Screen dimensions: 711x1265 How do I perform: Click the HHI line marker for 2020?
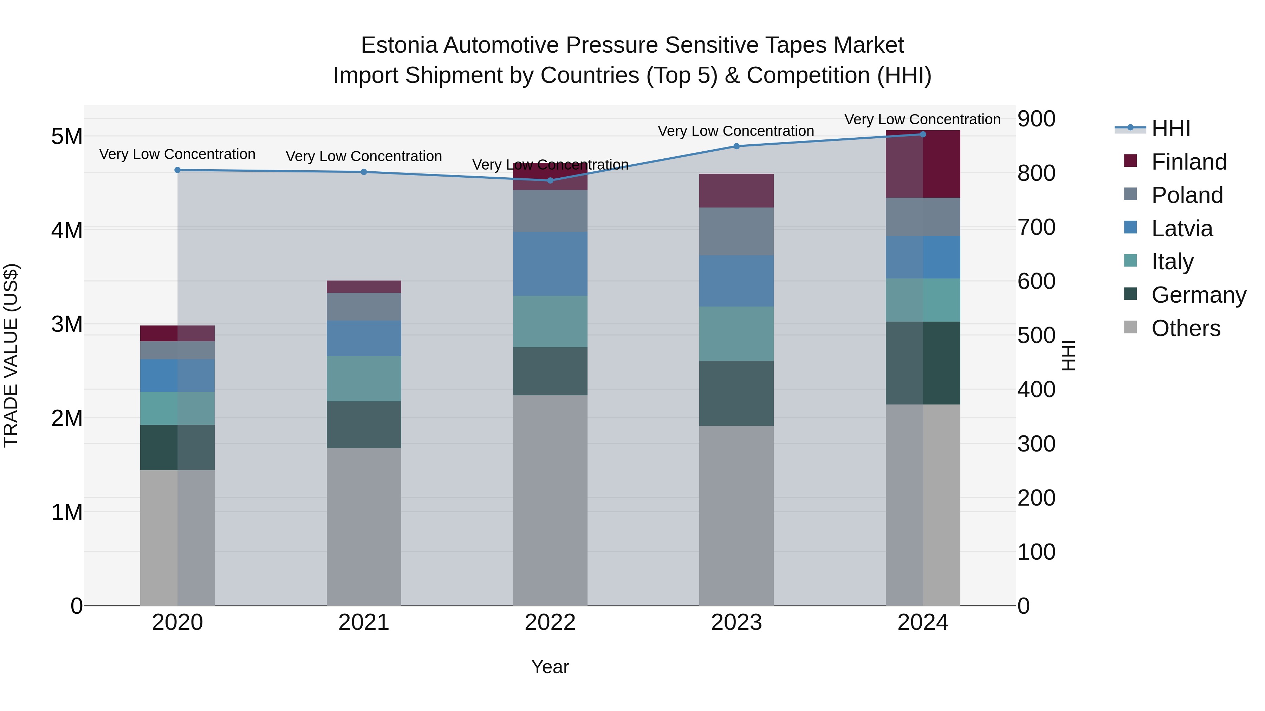pyautogui.click(x=177, y=170)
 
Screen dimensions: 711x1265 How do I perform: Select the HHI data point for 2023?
pyautogui.click(x=736, y=146)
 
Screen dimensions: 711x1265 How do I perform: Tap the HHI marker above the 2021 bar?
pyautogui.click(x=364, y=172)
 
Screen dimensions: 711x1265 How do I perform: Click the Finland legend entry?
pyautogui.click(x=1188, y=162)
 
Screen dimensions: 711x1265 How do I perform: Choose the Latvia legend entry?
pyautogui.click(x=1181, y=229)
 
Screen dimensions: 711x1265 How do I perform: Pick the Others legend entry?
pyautogui.click(x=1186, y=328)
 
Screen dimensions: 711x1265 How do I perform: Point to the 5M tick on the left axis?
pyautogui.click(x=67, y=137)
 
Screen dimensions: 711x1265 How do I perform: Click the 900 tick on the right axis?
pyautogui.click(x=1036, y=119)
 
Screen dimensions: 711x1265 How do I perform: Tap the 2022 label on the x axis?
pyautogui.click(x=550, y=623)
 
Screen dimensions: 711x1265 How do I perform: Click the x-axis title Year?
pyautogui.click(x=550, y=667)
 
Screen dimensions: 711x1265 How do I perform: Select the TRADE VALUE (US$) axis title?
pyautogui.click(x=11, y=355)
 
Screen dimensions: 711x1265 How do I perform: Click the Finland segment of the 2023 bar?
pyautogui.click(x=736, y=191)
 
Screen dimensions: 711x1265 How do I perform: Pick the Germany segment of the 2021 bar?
pyautogui.click(x=364, y=424)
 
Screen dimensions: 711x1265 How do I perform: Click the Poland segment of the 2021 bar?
pyautogui.click(x=364, y=307)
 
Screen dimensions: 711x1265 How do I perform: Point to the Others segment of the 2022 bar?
pyautogui.click(x=550, y=500)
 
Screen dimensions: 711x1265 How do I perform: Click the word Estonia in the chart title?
pyautogui.click(x=399, y=45)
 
